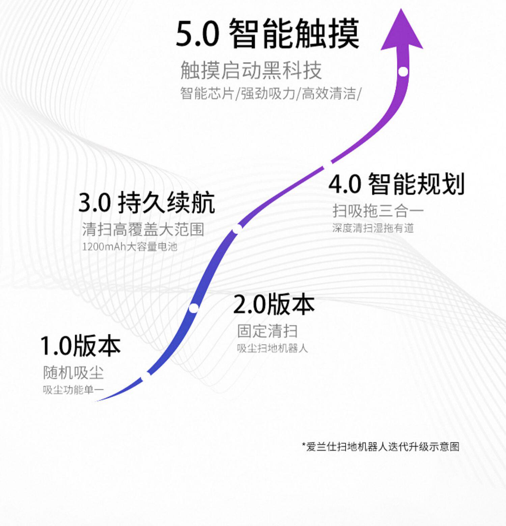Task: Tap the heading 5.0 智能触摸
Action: click(x=268, y=34)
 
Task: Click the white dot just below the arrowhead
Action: click(x=403, y=71)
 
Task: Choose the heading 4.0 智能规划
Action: click(x=397, y=184)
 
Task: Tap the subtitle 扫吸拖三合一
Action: click(x=378, y=211)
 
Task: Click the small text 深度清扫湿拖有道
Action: click(x=373, y=228)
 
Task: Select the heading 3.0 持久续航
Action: click(x=147, y=203)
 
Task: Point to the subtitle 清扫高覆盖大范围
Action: click(x=143, y=230)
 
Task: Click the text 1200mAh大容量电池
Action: click(x=130, y=247)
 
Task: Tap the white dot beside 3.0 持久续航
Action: click(x=237, y=229)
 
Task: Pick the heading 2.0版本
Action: click(x=274, y=304)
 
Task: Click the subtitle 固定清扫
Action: click(x=268, y=331)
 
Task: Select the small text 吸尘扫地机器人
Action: click(x=272, y=348)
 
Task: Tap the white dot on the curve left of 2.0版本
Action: click(x=194, y=308)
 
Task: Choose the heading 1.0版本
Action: click(x=80, y=346)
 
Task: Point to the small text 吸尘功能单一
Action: click(x=73, y=390)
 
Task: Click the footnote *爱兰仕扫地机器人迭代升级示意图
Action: click(x=381, y=446)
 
